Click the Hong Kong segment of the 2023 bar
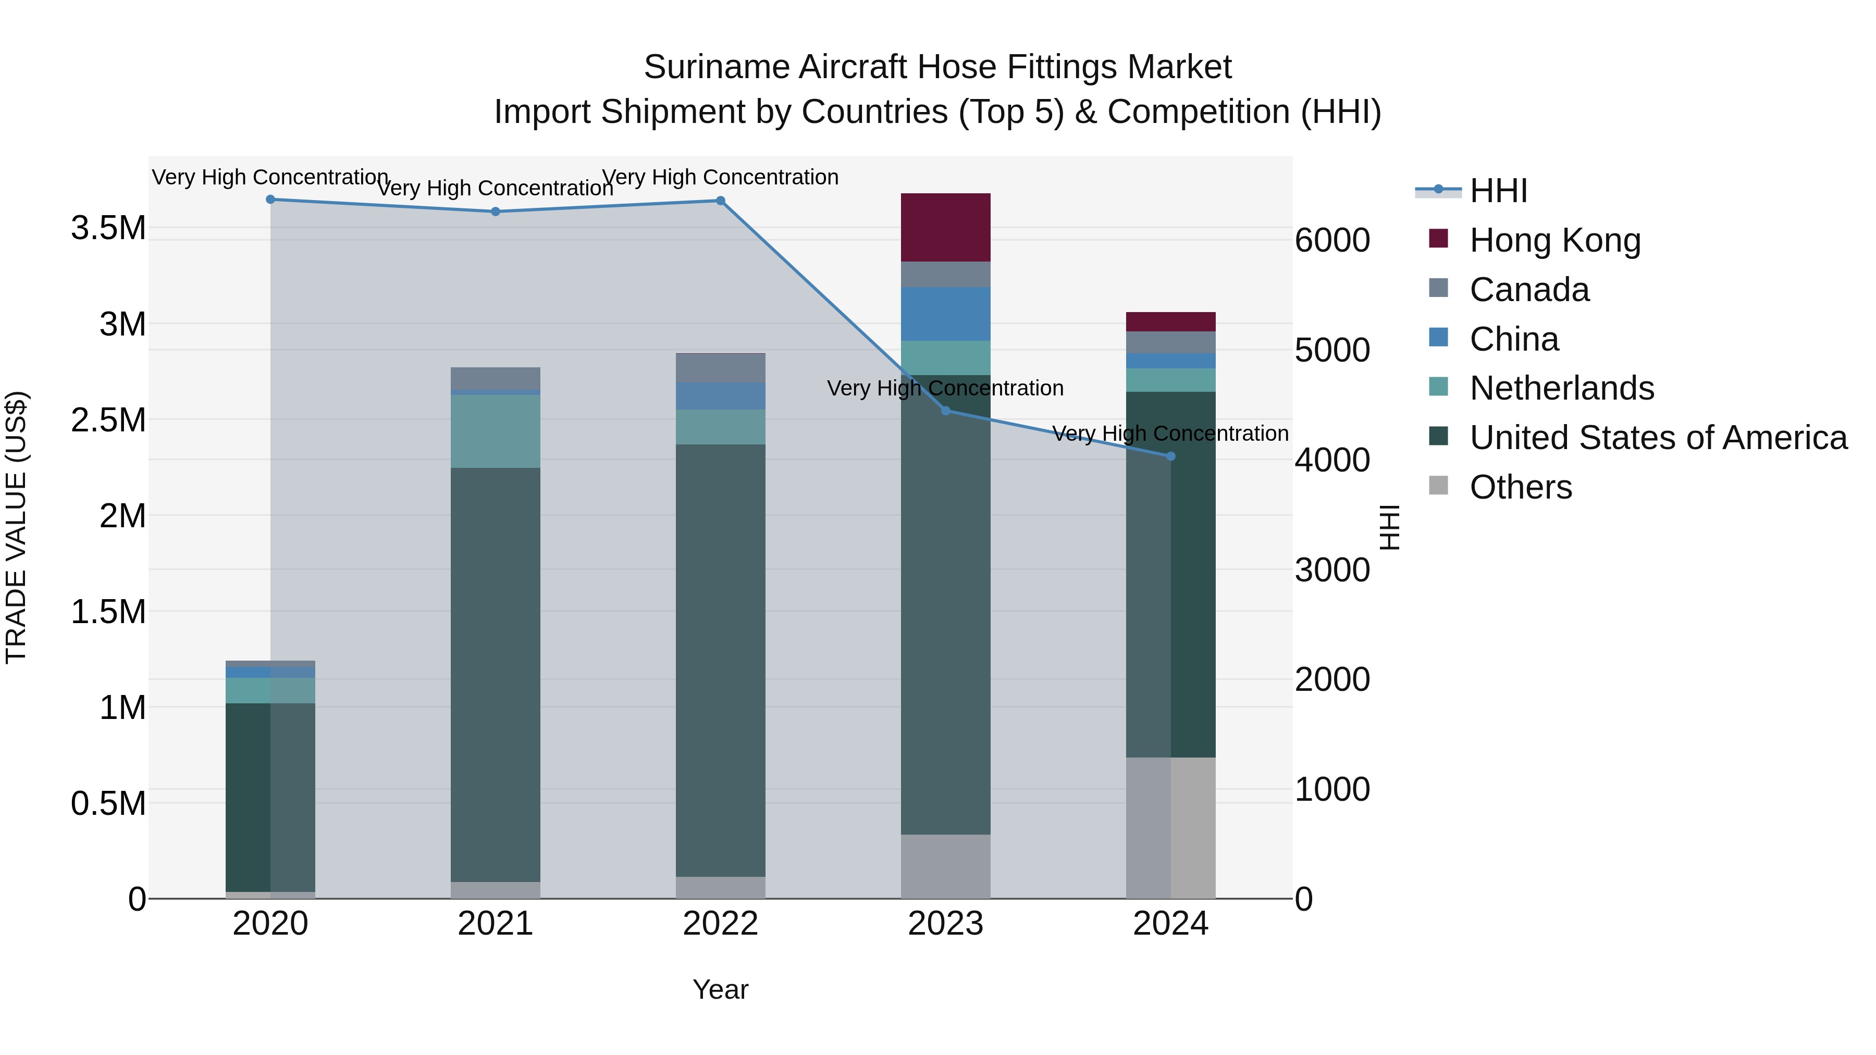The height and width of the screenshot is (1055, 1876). (945, 227)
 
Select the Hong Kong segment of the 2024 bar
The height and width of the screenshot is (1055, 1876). (1170, 322)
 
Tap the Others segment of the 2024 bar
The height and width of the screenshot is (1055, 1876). (1170, 828)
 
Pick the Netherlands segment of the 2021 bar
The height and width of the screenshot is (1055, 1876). (495, 431)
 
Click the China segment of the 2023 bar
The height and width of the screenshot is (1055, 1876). (945, 314)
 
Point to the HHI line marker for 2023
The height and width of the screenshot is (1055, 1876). (946, 411)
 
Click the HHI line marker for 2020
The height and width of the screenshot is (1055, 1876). (270, 200)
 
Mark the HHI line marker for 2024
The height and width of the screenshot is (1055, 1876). (1171, 456)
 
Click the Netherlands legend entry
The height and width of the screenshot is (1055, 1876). (1561, 388)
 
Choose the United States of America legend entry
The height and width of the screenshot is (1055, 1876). (1658, 438)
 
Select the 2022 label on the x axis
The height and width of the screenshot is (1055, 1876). (720, 924)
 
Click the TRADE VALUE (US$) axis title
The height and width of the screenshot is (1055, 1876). (16, 527)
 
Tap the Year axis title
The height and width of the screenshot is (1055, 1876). (720, 989)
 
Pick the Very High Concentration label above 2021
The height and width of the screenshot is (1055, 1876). (495, 188)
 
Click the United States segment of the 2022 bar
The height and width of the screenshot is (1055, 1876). (720, 660)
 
